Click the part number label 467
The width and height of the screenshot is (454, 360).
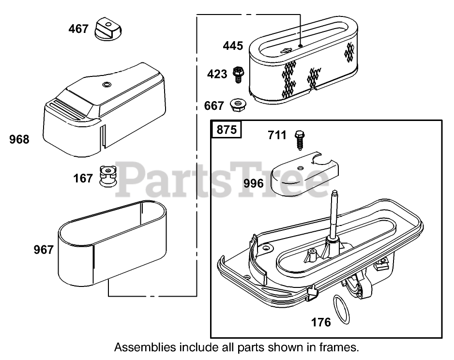(x=78, y=29)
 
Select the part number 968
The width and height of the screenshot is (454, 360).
(x=19, y=140)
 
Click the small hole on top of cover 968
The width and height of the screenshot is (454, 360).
(x=105, y=85)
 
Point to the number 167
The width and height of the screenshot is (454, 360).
(x=83, y=179)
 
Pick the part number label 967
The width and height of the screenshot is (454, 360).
(x=44, y=250)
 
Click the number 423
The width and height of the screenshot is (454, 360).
(x=217, y=74)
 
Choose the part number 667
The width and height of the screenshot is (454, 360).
(x=214, y=105)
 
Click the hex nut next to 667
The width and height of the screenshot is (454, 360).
(x=237, y=104)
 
